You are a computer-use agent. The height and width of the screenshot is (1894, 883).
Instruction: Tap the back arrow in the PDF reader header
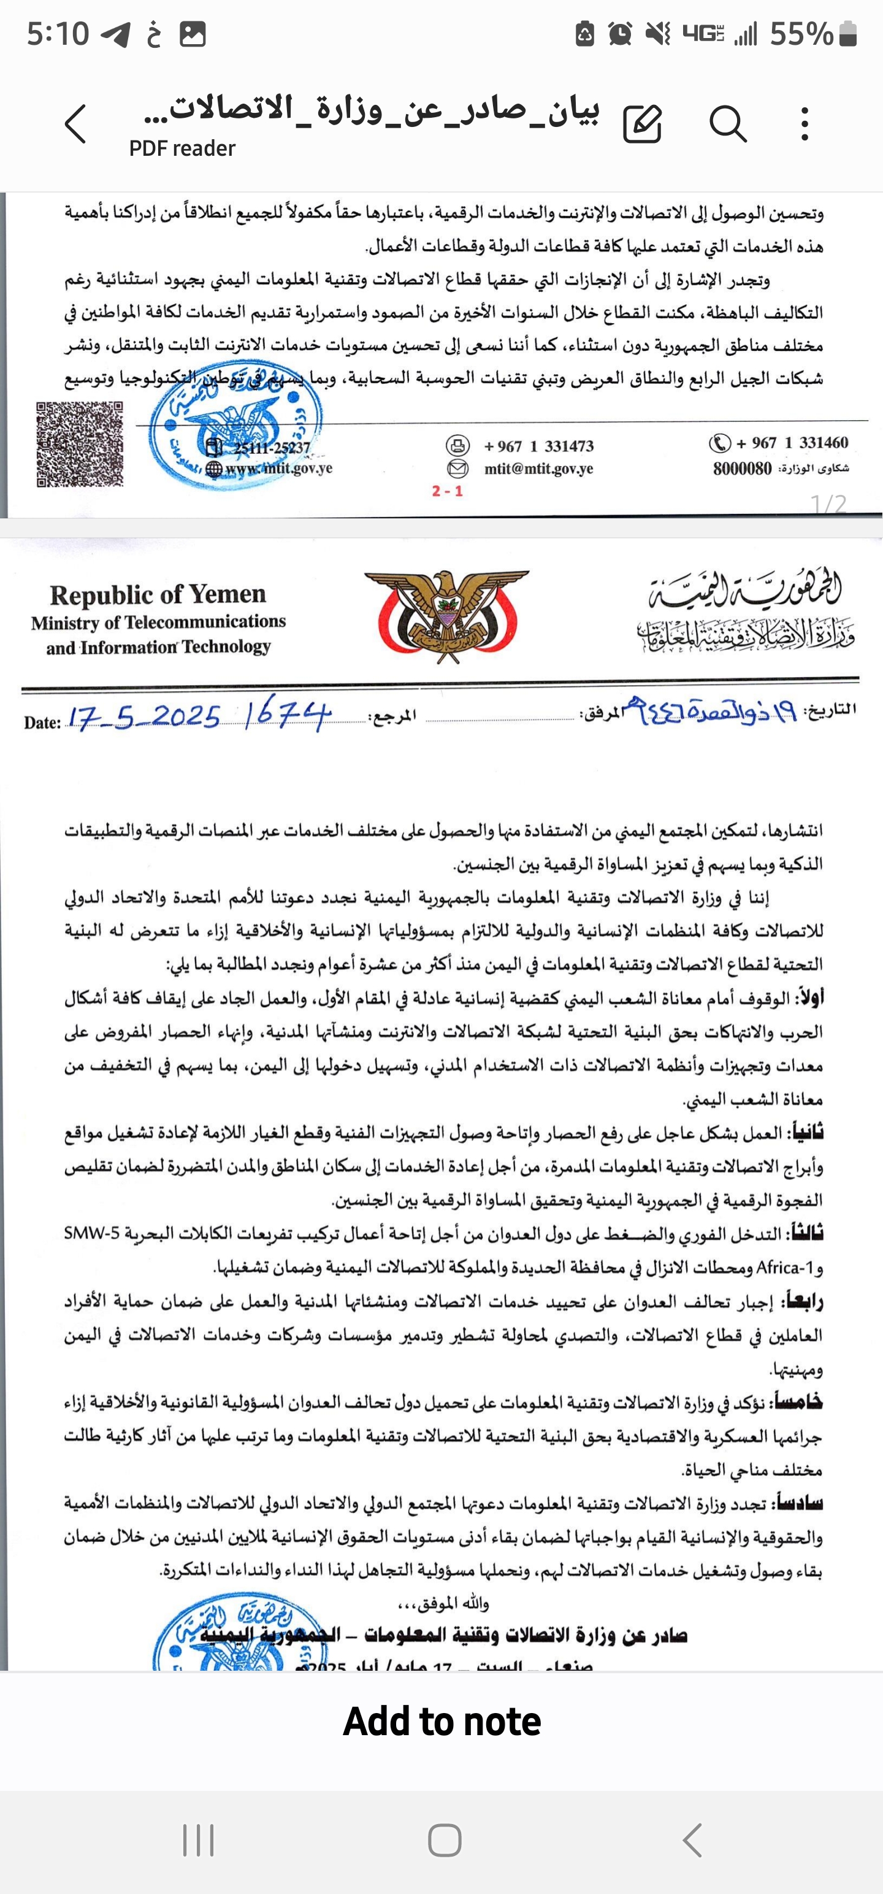[x=75, y=123]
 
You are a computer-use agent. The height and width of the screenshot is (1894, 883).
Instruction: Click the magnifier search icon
[x=728, y=123]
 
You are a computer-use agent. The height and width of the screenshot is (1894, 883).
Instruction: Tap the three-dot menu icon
[x=805, y=123]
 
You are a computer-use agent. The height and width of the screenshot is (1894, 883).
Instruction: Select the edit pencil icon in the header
[x=643, y=123]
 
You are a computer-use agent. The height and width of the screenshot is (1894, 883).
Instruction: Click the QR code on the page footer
[x=79, y=443]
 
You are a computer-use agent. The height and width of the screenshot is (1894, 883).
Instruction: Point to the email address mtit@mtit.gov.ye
[x=538, y=469]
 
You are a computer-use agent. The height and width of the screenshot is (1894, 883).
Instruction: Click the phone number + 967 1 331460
[x=792, y=443]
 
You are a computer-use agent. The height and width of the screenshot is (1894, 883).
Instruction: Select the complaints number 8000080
[x=742, y=469]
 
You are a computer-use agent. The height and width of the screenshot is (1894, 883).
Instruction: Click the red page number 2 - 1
[x=447, y=491]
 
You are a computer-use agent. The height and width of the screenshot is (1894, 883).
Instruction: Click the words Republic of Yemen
[x=158, y=594]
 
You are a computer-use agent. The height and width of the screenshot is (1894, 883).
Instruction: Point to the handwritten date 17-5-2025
[x=144, y=717]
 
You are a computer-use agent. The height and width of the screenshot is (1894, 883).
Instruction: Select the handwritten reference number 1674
[x=287, y=714]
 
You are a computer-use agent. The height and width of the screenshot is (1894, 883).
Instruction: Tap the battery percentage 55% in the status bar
[x=801, y=34]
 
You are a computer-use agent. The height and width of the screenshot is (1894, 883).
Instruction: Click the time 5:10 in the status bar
[x=58, y=34]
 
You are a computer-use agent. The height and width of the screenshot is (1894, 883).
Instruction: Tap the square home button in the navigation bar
[x=444, y=1839]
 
